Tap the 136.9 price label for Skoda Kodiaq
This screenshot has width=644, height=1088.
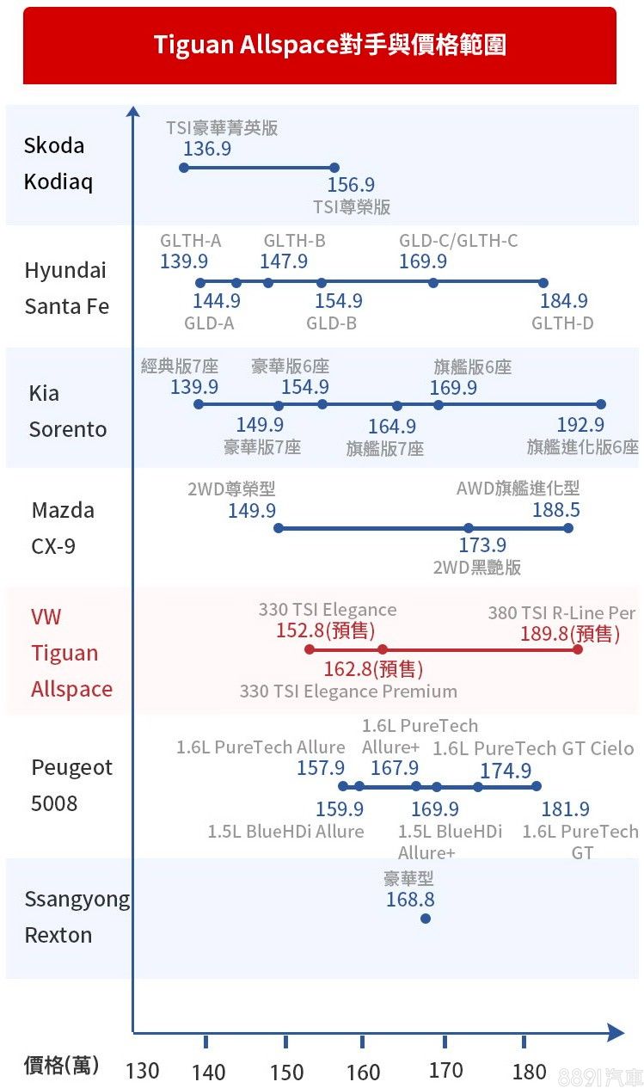tap(207, 149)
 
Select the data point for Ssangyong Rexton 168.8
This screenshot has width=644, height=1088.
tap(426, 919)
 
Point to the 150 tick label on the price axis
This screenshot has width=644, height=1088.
tap(286, 1072)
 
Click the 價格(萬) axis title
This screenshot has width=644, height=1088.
tap(61, 1066)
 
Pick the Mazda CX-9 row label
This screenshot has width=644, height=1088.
tap(63, 528)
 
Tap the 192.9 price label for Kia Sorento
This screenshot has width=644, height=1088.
tap(580, 425)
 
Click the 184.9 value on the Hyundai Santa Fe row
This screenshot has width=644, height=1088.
tap(564, 301)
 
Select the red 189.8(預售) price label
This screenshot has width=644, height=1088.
tap(570, 634)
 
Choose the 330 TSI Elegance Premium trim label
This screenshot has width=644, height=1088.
tap(348, 692)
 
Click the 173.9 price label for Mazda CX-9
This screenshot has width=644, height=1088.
tap(482, 545)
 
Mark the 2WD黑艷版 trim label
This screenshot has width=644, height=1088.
tap(477, 568)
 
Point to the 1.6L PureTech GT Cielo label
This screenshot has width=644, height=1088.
tap(533, 748)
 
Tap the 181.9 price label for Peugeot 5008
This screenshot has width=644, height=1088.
tap(566, 809)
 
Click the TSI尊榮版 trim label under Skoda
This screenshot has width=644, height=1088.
tap(352, 207)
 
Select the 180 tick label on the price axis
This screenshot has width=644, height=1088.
tap(529, 1072)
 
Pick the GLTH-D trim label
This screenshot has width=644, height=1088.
tap(562, 323)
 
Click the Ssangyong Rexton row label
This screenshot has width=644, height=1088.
tap(77, 917)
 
